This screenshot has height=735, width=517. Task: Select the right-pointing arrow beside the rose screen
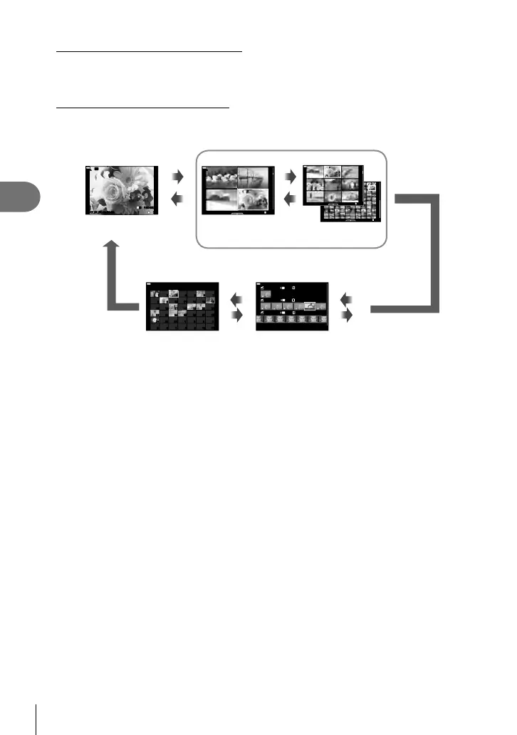pyautogui.click(x=178, y=174)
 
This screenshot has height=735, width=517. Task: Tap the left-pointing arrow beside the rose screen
pyautogui.click(x=178, y=201)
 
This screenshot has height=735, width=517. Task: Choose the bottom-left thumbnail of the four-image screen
pyautogui.click(x=220, y=200)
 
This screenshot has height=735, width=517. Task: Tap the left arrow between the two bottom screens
pyautogui.click(x=237, y=298)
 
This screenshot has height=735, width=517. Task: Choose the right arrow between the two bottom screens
pyautogui.click(x=237, y=313)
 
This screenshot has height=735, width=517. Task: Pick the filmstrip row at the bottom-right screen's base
pyautogui.click(x=291, y=322)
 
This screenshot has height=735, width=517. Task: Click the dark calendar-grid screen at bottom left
pyautogui.click(x=182, y=306)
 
